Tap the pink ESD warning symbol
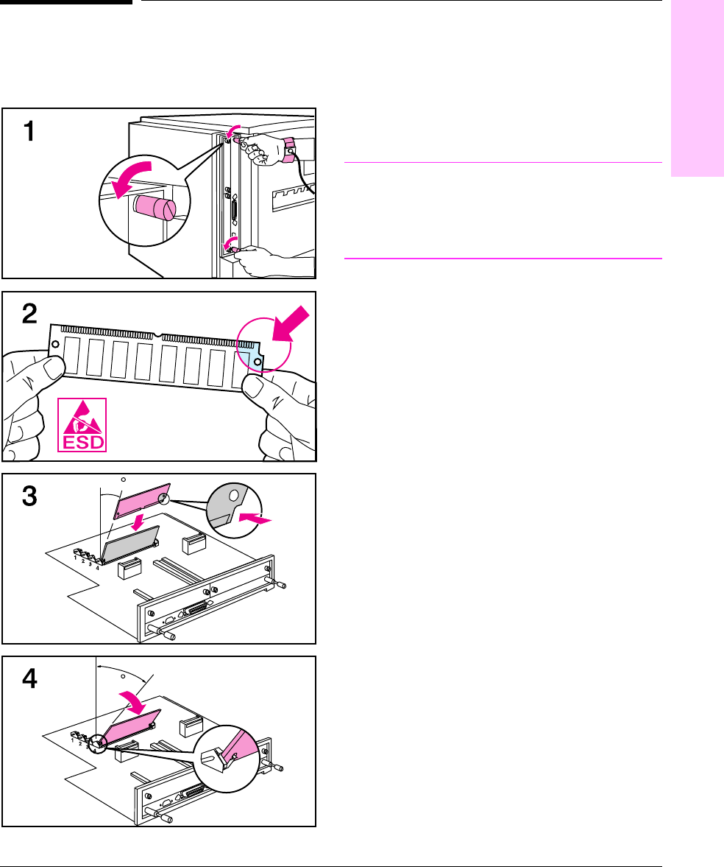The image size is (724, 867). [x=82, y=424]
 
